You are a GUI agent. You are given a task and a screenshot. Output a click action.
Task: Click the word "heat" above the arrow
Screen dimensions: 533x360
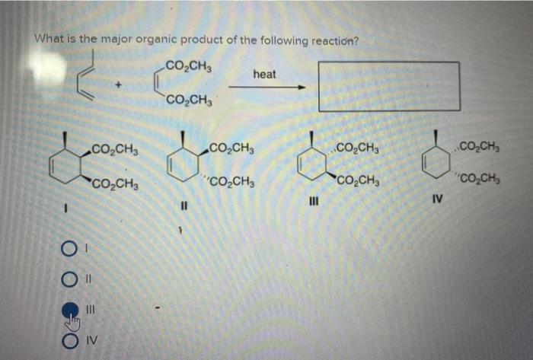pyautogui.click(x=264, y=74)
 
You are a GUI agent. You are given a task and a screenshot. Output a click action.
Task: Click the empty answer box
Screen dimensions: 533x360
pyautogui.click(x=388, y=87)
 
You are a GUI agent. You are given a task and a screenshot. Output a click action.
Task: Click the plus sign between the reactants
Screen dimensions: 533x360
pyautogui.click(x=118, y=88)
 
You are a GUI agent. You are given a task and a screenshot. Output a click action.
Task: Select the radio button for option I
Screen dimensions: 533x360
pyautogui.click(x=69, y=250)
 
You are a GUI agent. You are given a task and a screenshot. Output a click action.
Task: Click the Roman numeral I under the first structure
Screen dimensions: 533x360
pyautogui.click(x=67, y=204)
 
